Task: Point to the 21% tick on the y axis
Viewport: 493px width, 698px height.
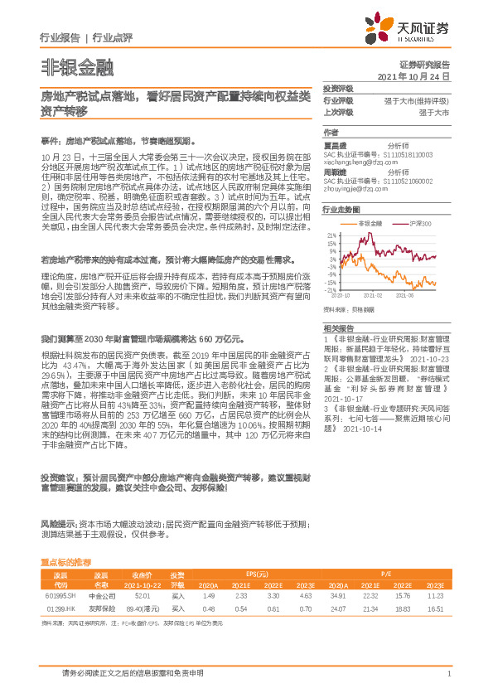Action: click(331, 235)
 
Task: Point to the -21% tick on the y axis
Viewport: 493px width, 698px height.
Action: click(331, 290)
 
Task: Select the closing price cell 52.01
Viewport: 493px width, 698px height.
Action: click(142, 595)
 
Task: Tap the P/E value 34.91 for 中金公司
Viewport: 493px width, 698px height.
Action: click(338, 595)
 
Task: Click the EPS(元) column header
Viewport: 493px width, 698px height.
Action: click(257, 574)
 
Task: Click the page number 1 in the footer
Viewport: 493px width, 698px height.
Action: click(448, 674)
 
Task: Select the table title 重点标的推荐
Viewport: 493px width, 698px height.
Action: click(65, 562)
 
